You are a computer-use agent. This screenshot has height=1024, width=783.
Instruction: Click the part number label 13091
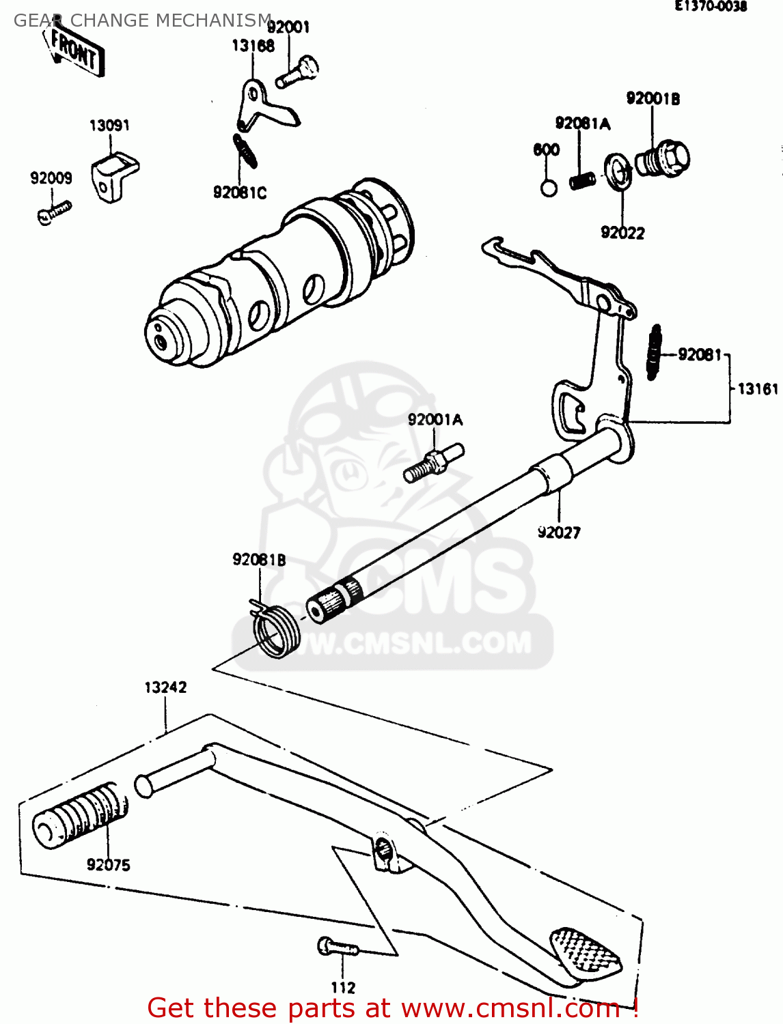point(109,125)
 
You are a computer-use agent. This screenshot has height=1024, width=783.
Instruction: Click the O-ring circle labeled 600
point(549,188)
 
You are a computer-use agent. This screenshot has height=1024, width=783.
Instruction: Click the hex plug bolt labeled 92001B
point(663,160)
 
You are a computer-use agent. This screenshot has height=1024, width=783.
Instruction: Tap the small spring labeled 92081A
point(582,181)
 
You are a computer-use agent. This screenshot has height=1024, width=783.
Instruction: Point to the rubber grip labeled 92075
point(81,816)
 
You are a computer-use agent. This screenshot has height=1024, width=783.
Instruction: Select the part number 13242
point(165,687)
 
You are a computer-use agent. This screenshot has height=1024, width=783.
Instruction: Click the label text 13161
point(758,389)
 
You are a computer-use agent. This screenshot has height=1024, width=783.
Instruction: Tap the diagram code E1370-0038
point(711,7)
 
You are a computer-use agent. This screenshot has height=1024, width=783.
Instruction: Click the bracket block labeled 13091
point(113,175)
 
